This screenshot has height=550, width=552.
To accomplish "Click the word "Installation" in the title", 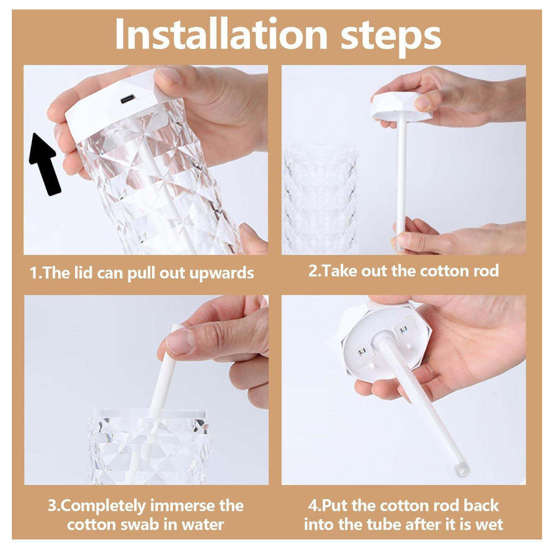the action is coord(221,34).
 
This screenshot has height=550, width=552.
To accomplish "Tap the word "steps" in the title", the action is coord(391,38).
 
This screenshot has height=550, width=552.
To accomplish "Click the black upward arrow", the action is coord(44,164).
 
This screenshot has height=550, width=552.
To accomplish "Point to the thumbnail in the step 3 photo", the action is coord(180,343).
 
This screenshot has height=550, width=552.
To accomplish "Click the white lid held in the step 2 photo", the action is coord(402,106).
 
